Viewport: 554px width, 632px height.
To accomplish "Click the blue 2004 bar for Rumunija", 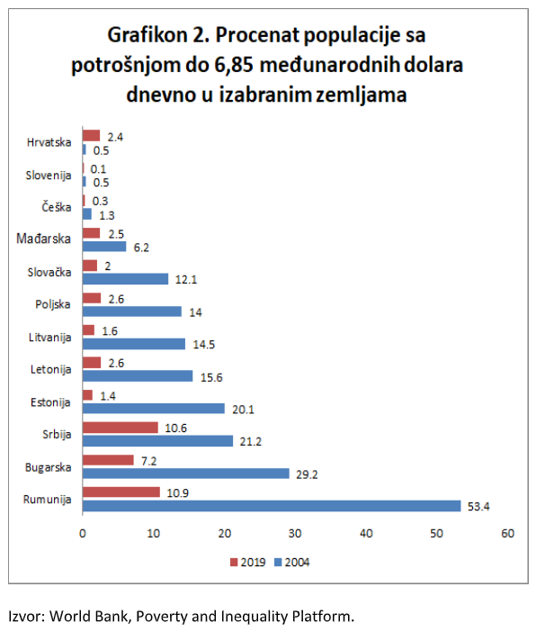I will point(271,506).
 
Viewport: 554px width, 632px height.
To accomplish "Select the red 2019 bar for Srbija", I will point(120,428).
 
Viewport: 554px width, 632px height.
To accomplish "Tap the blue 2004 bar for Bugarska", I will point(185,474).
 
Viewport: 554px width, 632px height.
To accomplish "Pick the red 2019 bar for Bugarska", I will point(108,460).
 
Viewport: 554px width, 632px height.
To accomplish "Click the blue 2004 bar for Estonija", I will point(153,409).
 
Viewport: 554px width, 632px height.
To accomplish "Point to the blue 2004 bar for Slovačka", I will point(125,279).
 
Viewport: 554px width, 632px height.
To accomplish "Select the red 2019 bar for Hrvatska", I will point(91,136).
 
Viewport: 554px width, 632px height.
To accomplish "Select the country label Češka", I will point(58,207).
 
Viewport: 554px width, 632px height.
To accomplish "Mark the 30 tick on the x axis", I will point(295,533).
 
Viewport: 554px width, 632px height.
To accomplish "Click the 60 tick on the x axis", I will point(507,533).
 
